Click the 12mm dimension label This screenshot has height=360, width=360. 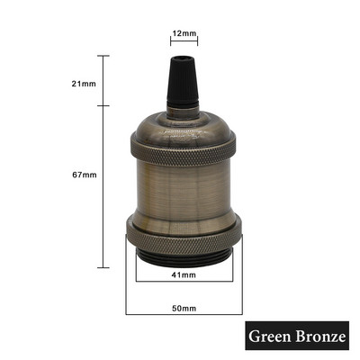click(x=184, y=33)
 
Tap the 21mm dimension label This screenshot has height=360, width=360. click(x=84, y=84)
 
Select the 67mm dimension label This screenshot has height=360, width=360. click(x=85, y=175)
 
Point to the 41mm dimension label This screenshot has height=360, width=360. click(x=184, y=274)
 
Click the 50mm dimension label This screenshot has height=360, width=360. click(x=184, y=308)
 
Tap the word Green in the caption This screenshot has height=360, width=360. click(x=269, y=336)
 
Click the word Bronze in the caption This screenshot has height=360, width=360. click(x=319, y=336)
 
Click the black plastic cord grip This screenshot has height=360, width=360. click(x=183, y=80)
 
